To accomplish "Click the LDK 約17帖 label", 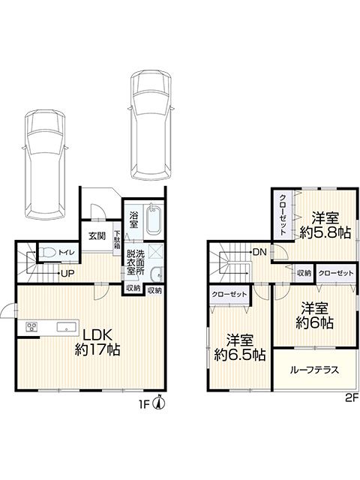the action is [97, 342].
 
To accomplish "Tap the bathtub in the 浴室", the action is [153, 220].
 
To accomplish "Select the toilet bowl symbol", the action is [47, 252].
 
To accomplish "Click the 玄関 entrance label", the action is [97, 236].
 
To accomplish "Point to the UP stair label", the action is [67, 273].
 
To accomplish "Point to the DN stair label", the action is [260, 253].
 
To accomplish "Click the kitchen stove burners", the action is [31, 327].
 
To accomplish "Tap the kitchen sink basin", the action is [67, 327].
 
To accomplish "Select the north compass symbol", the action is [160, 403].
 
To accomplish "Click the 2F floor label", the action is [352, 398].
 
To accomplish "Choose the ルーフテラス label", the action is [314, 370].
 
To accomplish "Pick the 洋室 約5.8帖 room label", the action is [325, 226].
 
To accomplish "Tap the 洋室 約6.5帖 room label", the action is [239, 347].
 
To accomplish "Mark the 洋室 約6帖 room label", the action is [314, 315].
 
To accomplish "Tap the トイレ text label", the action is [65, 253].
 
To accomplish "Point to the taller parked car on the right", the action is [150, 125].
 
